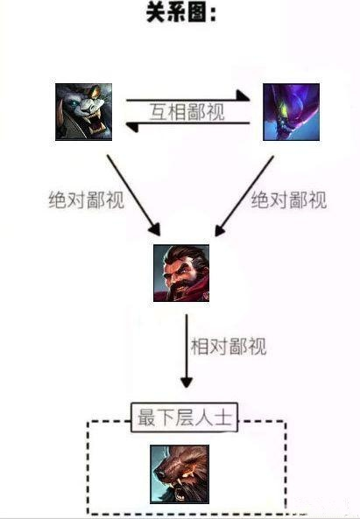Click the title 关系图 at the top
pyautogui.click(x=181, y=13)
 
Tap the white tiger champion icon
pyautogui.click(x=83, y=112)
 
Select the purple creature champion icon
pyautogui.click(x=291, y=112)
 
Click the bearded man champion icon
pyautogui.click(x=181, y=273)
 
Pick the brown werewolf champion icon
pyautogui.click(x=180, y=474)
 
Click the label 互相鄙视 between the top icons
pyautogui.click(x=187, y=112)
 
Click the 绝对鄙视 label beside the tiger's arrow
pyautogui.click(x=87, y=200)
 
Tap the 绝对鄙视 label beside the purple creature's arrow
pyautogui.click(x=289, y=200)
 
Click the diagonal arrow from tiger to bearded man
pyautogui.click(x=133, y=195)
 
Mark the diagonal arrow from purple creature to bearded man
pyautogui.click(x=244, y=196)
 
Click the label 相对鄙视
pyautogui.click(x=229, y=347)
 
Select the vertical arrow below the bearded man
pyautogui.click(x=187, y=351)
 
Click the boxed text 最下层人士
pyautogui.click(x=185, y=417)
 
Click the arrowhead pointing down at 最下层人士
pyautogui.click(x=187, y=382)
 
